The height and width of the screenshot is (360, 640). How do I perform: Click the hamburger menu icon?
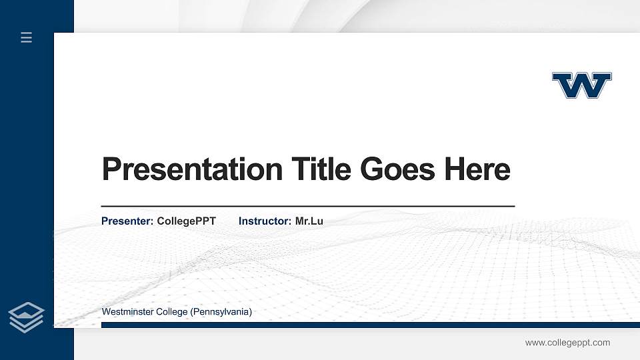(27, 38)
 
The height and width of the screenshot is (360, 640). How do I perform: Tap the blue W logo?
(581, 85)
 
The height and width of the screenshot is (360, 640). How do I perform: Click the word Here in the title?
(477, 169)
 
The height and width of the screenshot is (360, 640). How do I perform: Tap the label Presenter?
(127, 221)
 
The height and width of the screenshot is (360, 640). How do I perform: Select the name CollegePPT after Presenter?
(186, 221)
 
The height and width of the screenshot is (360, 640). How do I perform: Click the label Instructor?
(265, 221)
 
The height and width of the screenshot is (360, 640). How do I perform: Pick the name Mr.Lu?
(309, 221)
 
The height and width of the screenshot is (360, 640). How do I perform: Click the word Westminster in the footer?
(127, 312)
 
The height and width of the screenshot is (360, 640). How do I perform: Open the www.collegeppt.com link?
(567, 343)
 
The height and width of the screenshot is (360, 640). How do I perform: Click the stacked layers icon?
(27, 317)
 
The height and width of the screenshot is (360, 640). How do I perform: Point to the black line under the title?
(307, 207)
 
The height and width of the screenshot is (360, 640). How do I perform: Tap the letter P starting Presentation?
(111, 169)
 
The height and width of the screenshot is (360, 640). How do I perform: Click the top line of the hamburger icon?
(27, 33)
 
